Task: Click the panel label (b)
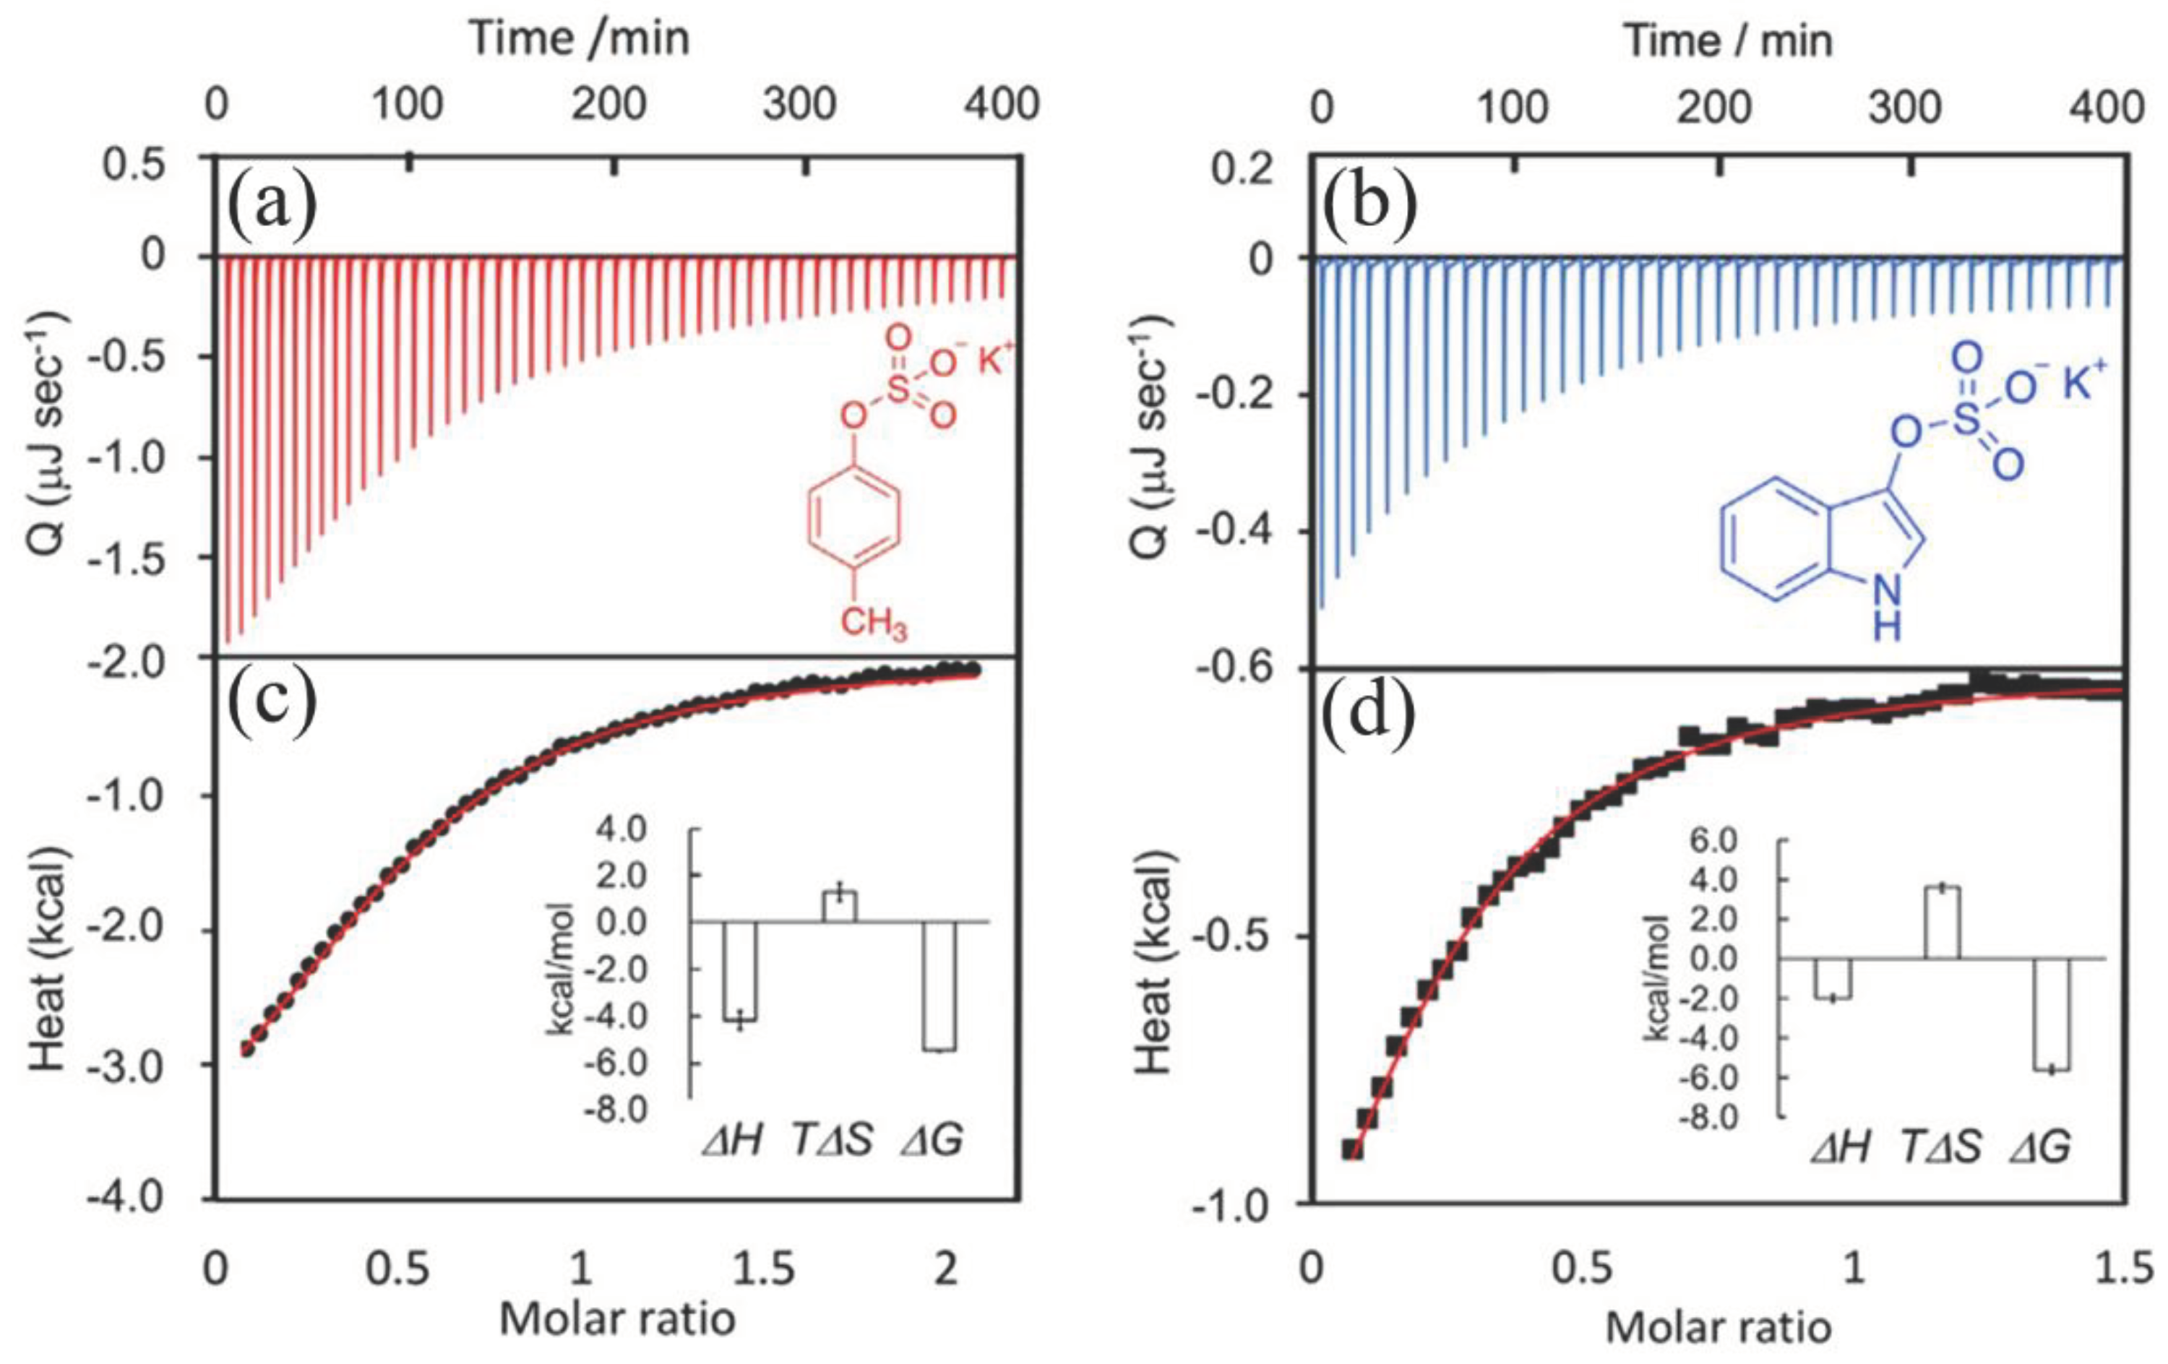coord(1370,208)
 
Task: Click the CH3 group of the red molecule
coord(872,622)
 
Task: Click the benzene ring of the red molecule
coord(853,523)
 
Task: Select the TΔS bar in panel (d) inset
coord(1942,923)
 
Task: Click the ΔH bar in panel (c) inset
coord(740,970)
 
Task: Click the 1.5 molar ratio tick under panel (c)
coord(762,1269)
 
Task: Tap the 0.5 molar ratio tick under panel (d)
coord(1582,1269)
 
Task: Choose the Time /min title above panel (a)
coord(580,39)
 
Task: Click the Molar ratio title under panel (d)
coord(1718,1327)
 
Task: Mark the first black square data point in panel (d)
coord(1351,1149)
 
